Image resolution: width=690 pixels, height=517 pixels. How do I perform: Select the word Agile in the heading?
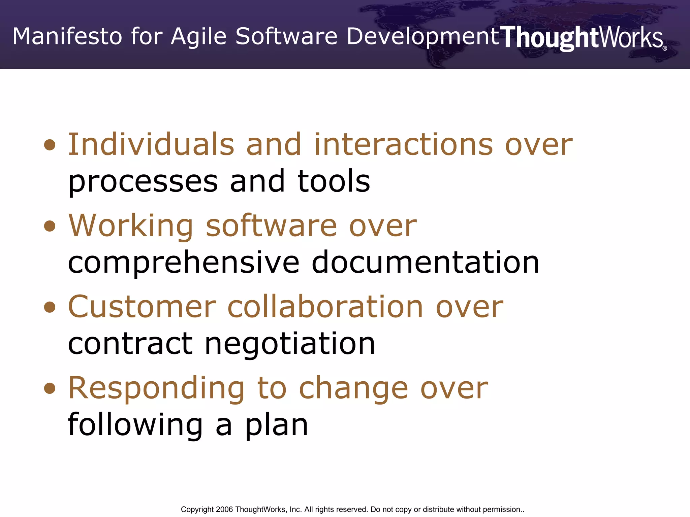[198, 37]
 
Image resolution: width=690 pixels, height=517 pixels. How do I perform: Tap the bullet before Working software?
[50, 226]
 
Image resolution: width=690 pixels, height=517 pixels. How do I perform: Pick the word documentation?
[426, 263]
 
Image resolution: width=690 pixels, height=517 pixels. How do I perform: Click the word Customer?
[142, 307]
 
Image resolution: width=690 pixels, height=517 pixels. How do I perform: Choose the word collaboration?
[325, 307]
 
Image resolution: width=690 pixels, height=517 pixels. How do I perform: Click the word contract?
[130, 344]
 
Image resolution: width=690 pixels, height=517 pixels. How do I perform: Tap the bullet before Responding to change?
[50, 388]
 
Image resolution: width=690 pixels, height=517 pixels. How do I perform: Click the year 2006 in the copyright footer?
[224, 509]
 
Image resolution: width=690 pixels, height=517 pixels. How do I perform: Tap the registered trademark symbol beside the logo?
[665, 48]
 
